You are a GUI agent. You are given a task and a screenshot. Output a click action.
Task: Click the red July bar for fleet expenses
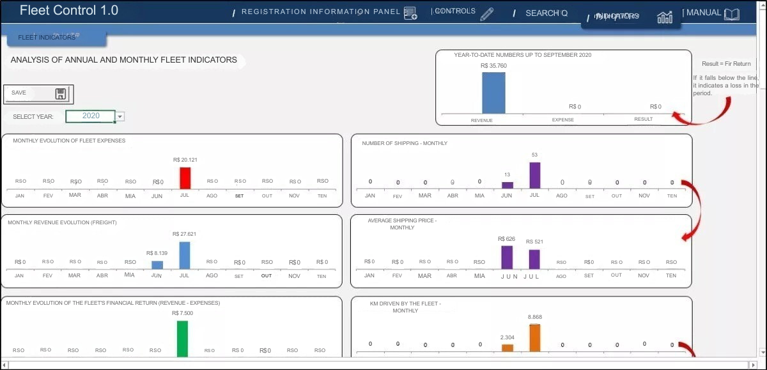[185, 178]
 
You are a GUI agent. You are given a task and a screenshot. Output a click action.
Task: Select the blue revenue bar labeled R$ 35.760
[493, 93]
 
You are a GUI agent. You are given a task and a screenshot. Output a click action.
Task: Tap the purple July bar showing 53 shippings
[535, 175]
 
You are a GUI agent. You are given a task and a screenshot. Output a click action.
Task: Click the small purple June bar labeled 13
[507, 185]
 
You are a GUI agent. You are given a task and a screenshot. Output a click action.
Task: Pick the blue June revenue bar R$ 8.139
[157, 265]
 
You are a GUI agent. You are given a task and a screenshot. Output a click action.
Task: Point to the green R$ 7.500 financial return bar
[183, 338]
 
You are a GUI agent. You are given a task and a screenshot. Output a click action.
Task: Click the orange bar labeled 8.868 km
[534, 337]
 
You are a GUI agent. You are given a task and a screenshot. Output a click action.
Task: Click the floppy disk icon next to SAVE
[61, 94]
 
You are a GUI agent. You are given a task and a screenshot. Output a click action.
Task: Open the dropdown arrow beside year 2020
[120, 116]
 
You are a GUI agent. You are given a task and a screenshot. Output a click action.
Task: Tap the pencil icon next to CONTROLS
[487, 14]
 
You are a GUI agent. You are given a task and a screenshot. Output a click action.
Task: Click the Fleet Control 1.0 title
[68, 11]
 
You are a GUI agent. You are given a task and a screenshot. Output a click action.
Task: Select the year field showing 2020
[91, 116]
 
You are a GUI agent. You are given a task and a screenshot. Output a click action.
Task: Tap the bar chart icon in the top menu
[665, 17]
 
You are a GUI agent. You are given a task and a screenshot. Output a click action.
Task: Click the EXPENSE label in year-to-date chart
[563, 119]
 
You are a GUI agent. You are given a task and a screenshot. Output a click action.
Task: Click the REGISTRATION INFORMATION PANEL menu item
[321, 12]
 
